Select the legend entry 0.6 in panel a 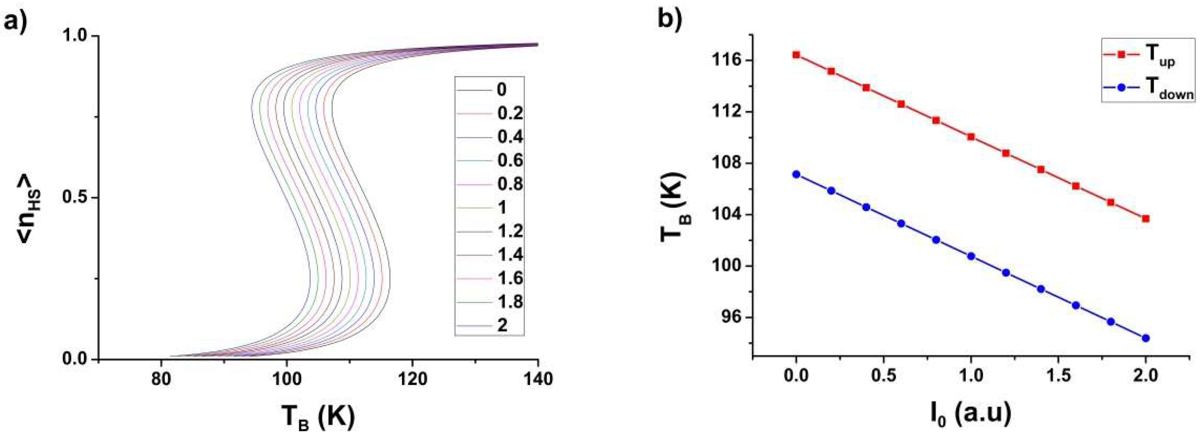510,160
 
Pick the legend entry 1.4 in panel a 510,255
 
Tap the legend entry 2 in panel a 502,325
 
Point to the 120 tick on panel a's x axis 412,379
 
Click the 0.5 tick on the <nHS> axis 77,198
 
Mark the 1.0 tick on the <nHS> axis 77,36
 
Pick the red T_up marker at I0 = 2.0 1145,218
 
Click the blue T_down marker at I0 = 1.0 971,256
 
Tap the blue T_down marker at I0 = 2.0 1145,338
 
